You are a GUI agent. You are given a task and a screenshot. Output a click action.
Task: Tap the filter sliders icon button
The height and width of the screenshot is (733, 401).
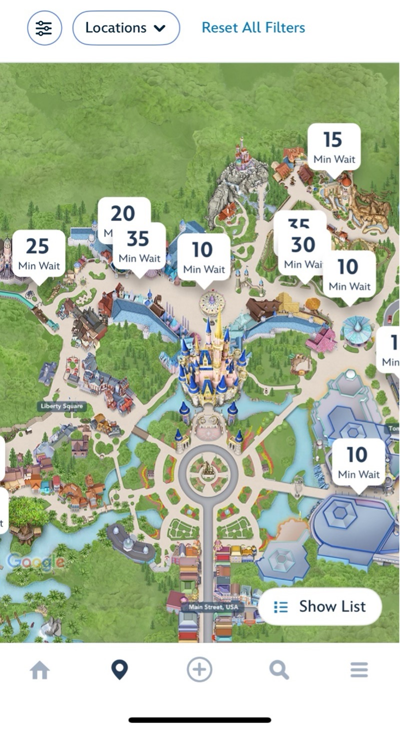44,28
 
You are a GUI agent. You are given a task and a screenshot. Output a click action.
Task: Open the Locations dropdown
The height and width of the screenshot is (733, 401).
126,28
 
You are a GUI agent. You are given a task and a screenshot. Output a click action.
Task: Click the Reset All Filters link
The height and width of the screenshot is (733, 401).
253,27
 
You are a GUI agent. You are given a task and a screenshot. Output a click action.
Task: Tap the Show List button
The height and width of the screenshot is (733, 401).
320,606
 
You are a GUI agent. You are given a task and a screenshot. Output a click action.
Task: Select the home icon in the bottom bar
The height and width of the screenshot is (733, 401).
40,670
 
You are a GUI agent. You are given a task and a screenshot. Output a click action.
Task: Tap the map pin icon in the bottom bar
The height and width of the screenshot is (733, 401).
119,670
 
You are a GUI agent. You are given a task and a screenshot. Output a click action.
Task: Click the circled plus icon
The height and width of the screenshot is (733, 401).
199,669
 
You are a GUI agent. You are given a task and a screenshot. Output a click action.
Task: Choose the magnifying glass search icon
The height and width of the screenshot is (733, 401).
279,670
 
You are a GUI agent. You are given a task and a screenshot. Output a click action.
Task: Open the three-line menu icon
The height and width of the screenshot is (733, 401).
359,670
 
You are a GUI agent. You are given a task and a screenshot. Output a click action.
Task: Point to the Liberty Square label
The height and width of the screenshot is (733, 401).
62,406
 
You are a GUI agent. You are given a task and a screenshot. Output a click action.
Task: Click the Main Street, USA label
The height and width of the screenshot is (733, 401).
213,607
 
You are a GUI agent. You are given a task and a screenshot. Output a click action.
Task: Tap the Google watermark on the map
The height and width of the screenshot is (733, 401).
35,562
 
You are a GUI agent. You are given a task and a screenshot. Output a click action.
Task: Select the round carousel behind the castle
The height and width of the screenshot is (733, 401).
212,302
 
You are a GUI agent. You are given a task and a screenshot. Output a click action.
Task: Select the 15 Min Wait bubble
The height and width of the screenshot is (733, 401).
334,146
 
